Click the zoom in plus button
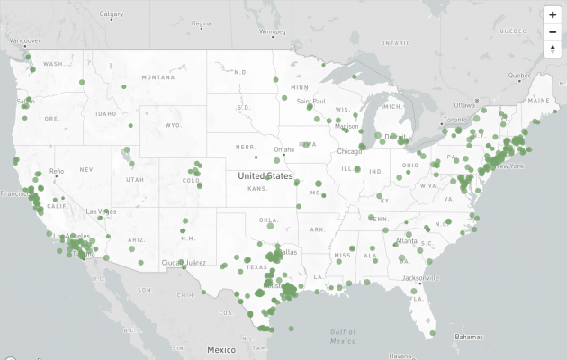tap(553, 15)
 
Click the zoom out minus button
tap(553, 31)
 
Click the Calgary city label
tap(112, 14)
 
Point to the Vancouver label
tap(24, 40)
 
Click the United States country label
tap(265, 176)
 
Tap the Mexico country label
tap(220, 348)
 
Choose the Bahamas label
tap(468, 337)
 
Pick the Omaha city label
tap(284, 149)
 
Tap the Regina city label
tap(201, 23)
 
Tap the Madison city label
tap(346, 126)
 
